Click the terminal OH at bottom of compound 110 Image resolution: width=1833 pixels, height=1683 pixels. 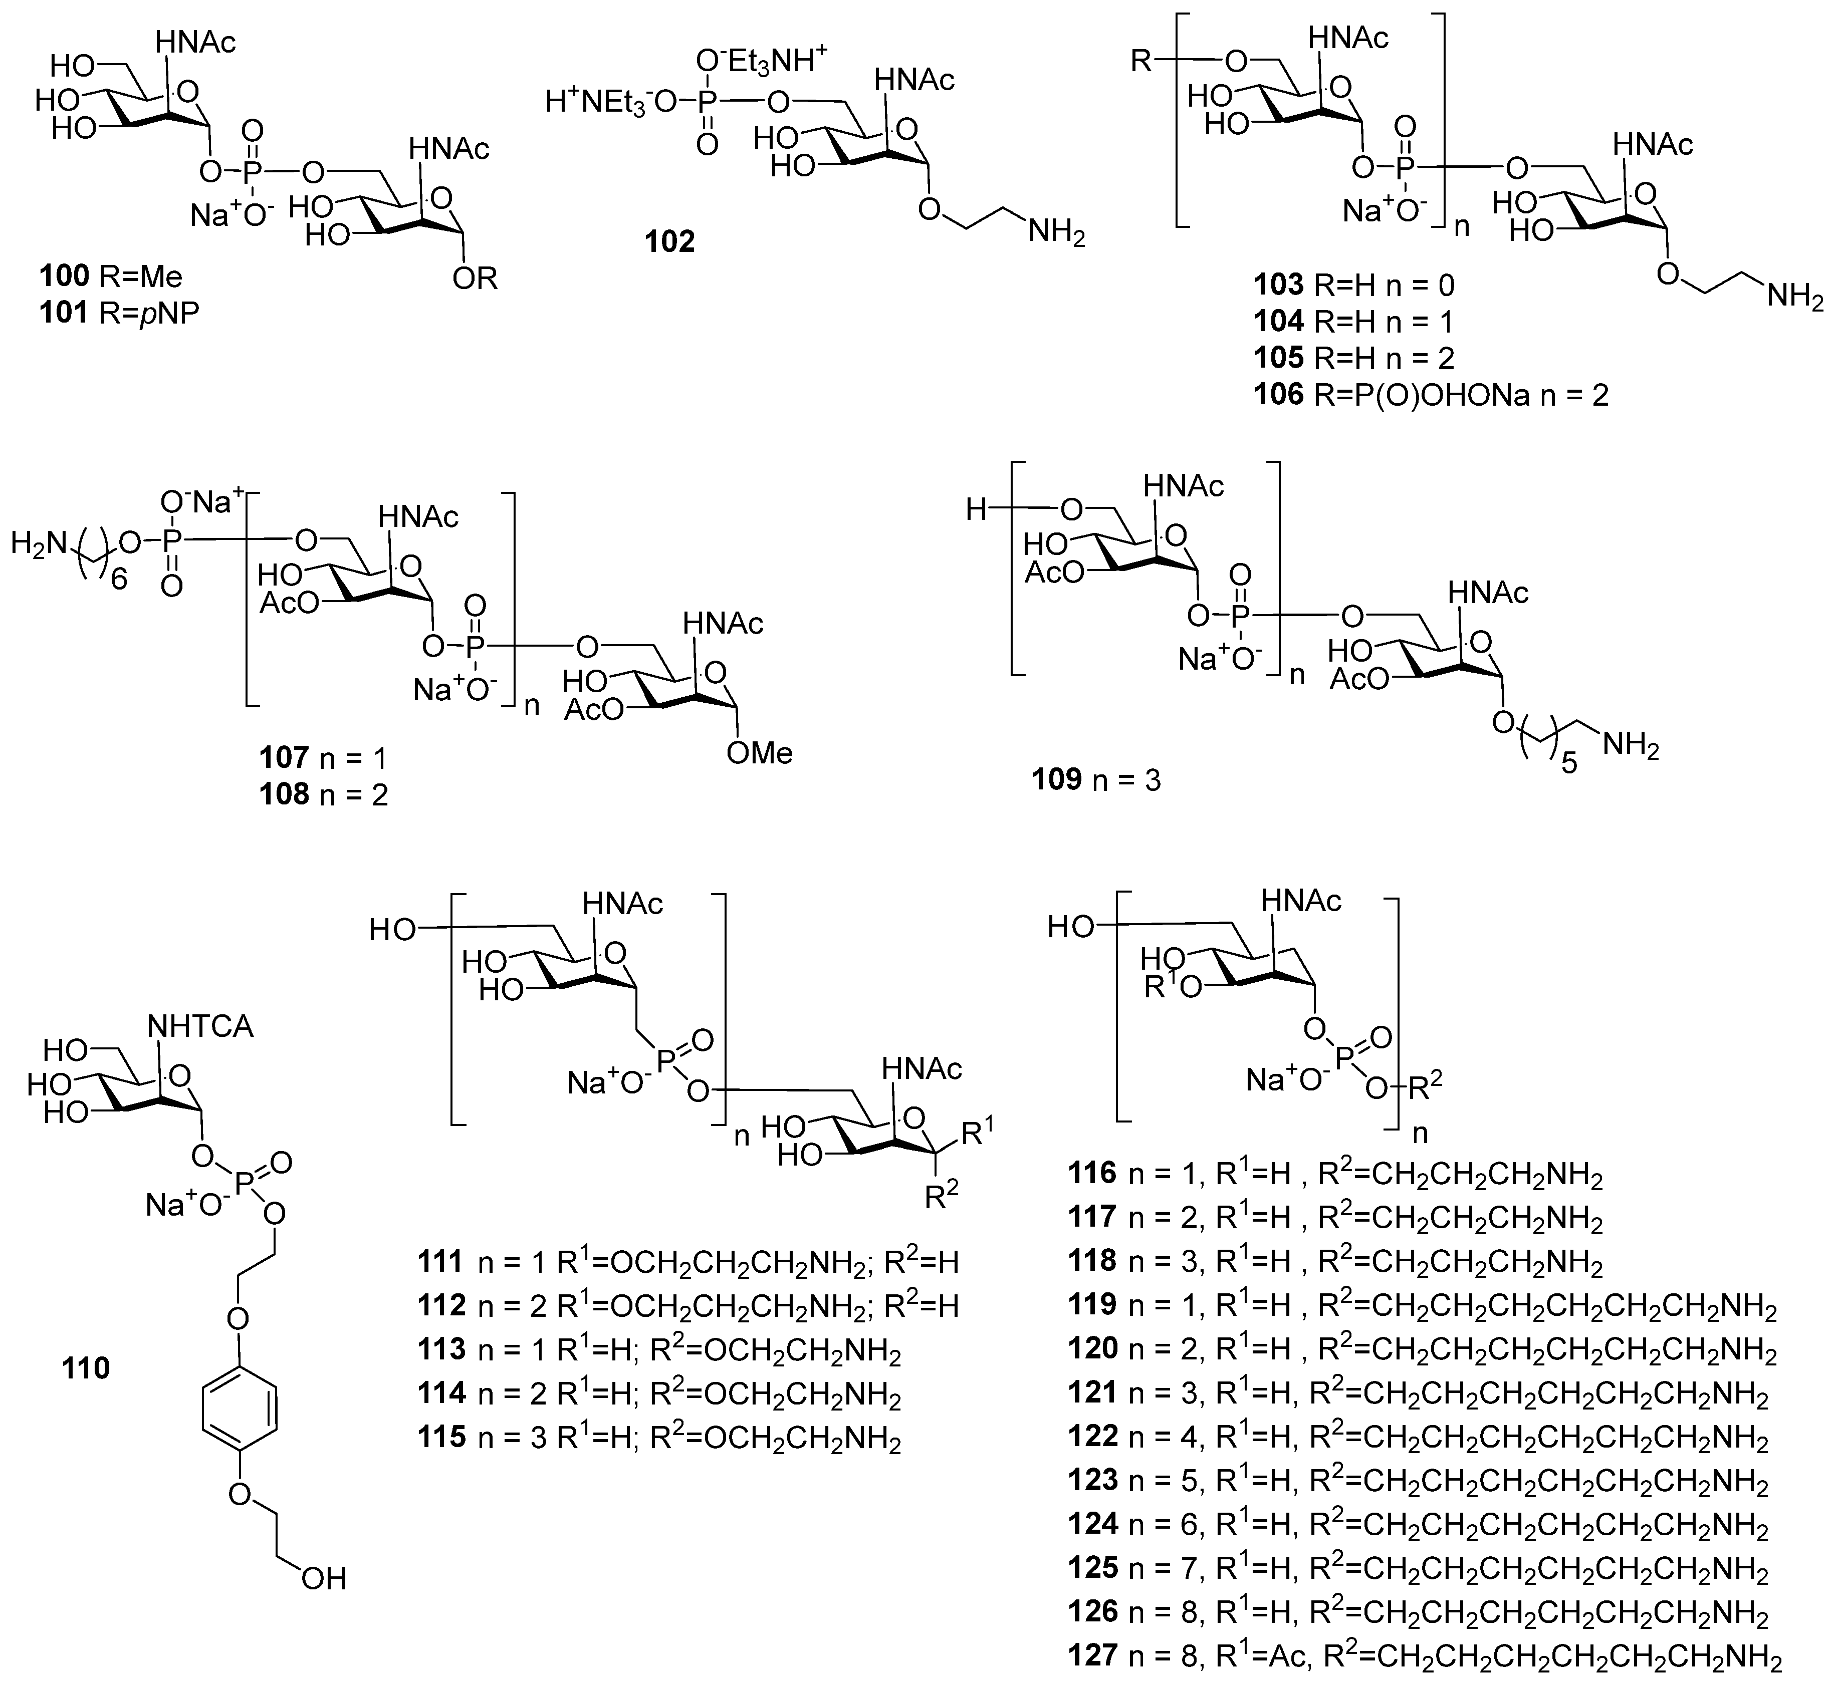click(323, 1578)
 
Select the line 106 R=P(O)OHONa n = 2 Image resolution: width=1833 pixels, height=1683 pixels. click(1430, 394)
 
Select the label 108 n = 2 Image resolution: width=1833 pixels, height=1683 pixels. click(323, 794)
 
